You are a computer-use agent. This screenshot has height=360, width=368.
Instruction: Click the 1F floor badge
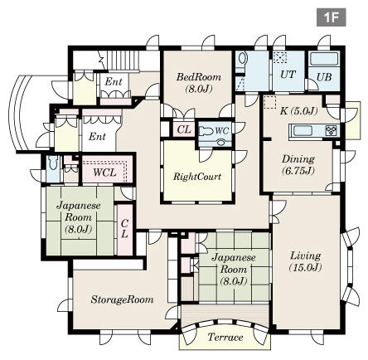point(331,17)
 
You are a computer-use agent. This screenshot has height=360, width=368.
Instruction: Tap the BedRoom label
point(199,77)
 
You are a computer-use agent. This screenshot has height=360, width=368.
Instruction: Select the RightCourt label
point(197,177)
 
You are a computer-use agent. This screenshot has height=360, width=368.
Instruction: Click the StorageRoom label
point(122,299)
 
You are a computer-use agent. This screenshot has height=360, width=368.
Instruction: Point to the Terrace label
point(225,337)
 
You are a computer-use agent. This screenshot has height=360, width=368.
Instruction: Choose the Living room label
point(306,255)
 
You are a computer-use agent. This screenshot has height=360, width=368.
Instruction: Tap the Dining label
point(298,159)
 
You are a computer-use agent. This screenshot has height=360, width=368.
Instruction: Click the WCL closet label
point(104,173)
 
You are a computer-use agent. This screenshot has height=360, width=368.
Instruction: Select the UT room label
point(288,75)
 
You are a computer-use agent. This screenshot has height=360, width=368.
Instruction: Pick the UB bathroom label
point(324,77)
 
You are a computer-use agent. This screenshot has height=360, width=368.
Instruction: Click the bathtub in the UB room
point(324,59)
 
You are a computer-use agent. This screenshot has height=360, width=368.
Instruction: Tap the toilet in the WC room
point(205,130)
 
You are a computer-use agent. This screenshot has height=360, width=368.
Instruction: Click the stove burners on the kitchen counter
point(332,131)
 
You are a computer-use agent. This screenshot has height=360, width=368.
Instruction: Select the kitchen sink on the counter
point(303,131)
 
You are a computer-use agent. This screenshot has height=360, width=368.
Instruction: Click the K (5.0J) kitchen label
point(298,111)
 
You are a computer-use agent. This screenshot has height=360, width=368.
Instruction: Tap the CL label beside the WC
point(184,129)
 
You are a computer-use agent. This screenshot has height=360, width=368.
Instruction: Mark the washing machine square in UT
point(280,57)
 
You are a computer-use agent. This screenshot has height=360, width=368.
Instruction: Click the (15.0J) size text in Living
point(306,268)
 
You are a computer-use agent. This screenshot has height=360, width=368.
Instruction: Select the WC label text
point(222,130)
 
